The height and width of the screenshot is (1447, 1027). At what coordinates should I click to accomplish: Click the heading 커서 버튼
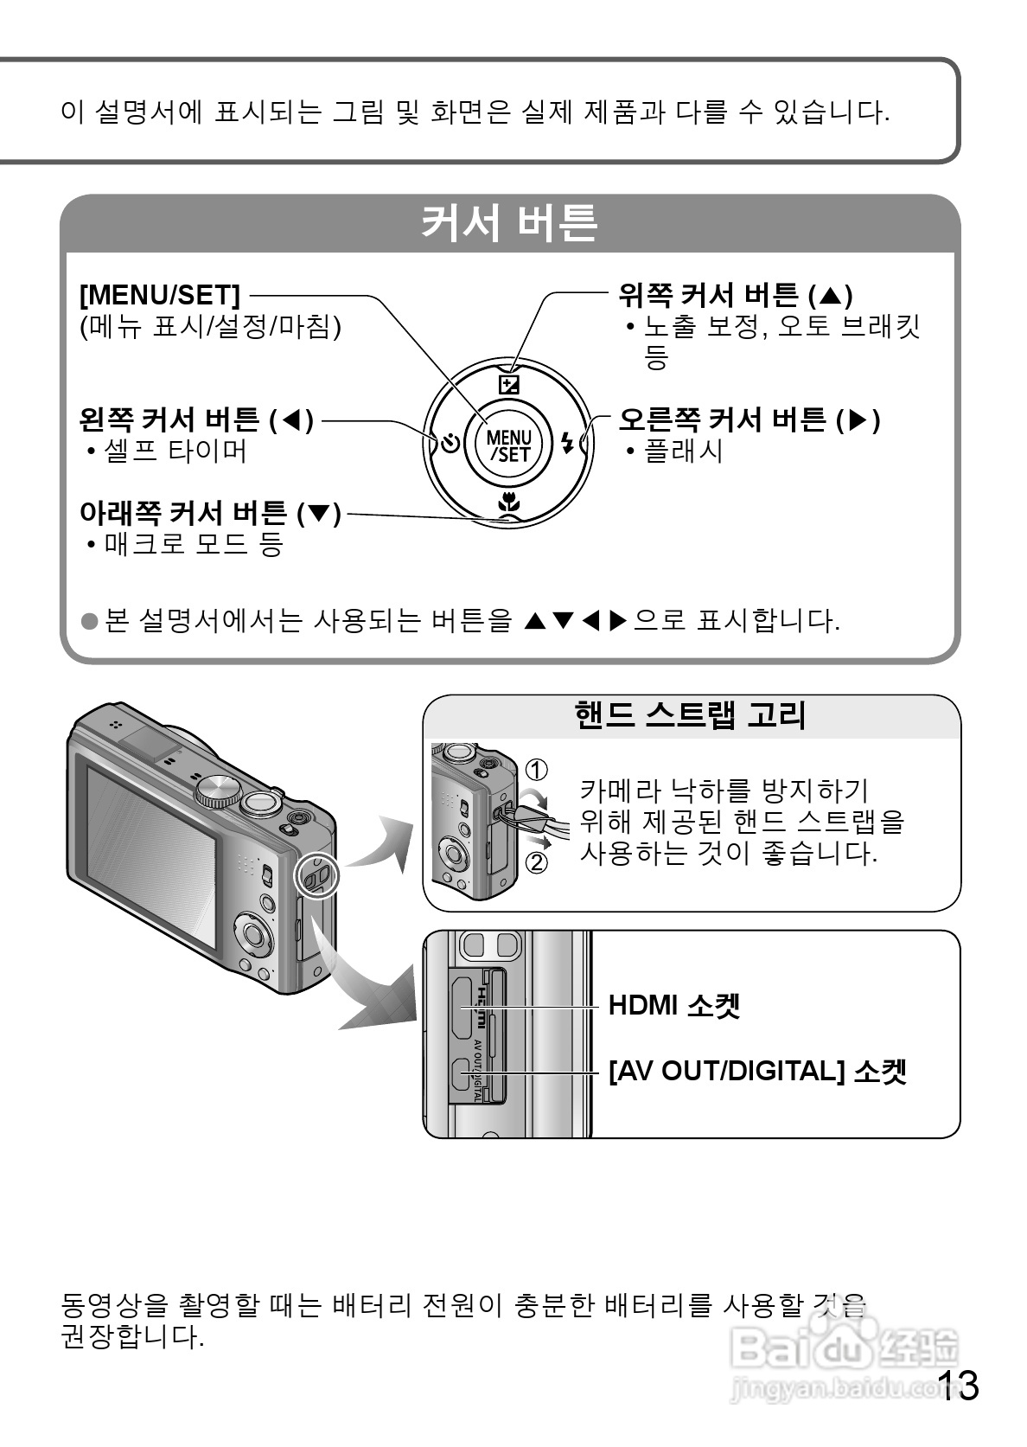coord(509,224)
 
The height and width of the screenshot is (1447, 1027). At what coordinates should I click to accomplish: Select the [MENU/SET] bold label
coord(160,296)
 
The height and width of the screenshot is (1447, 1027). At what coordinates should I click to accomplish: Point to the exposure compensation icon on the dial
coord(510,384)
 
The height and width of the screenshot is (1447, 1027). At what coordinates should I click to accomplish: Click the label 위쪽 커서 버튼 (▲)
coord(736,296)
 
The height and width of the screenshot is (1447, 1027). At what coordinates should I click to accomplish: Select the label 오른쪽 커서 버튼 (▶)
coord(749,420)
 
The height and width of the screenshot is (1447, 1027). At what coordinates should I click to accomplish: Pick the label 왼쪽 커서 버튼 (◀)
coord(196,420)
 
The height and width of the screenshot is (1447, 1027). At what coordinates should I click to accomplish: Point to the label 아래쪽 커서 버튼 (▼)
coord(210,513)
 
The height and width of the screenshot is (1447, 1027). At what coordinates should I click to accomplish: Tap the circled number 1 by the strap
coord(537,769)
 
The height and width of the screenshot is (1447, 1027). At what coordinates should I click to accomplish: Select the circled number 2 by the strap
coord(537,862)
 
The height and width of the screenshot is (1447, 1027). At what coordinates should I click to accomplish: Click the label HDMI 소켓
coord(674,1006)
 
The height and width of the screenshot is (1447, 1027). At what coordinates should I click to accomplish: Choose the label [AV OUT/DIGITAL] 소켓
coord(757,1072)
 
